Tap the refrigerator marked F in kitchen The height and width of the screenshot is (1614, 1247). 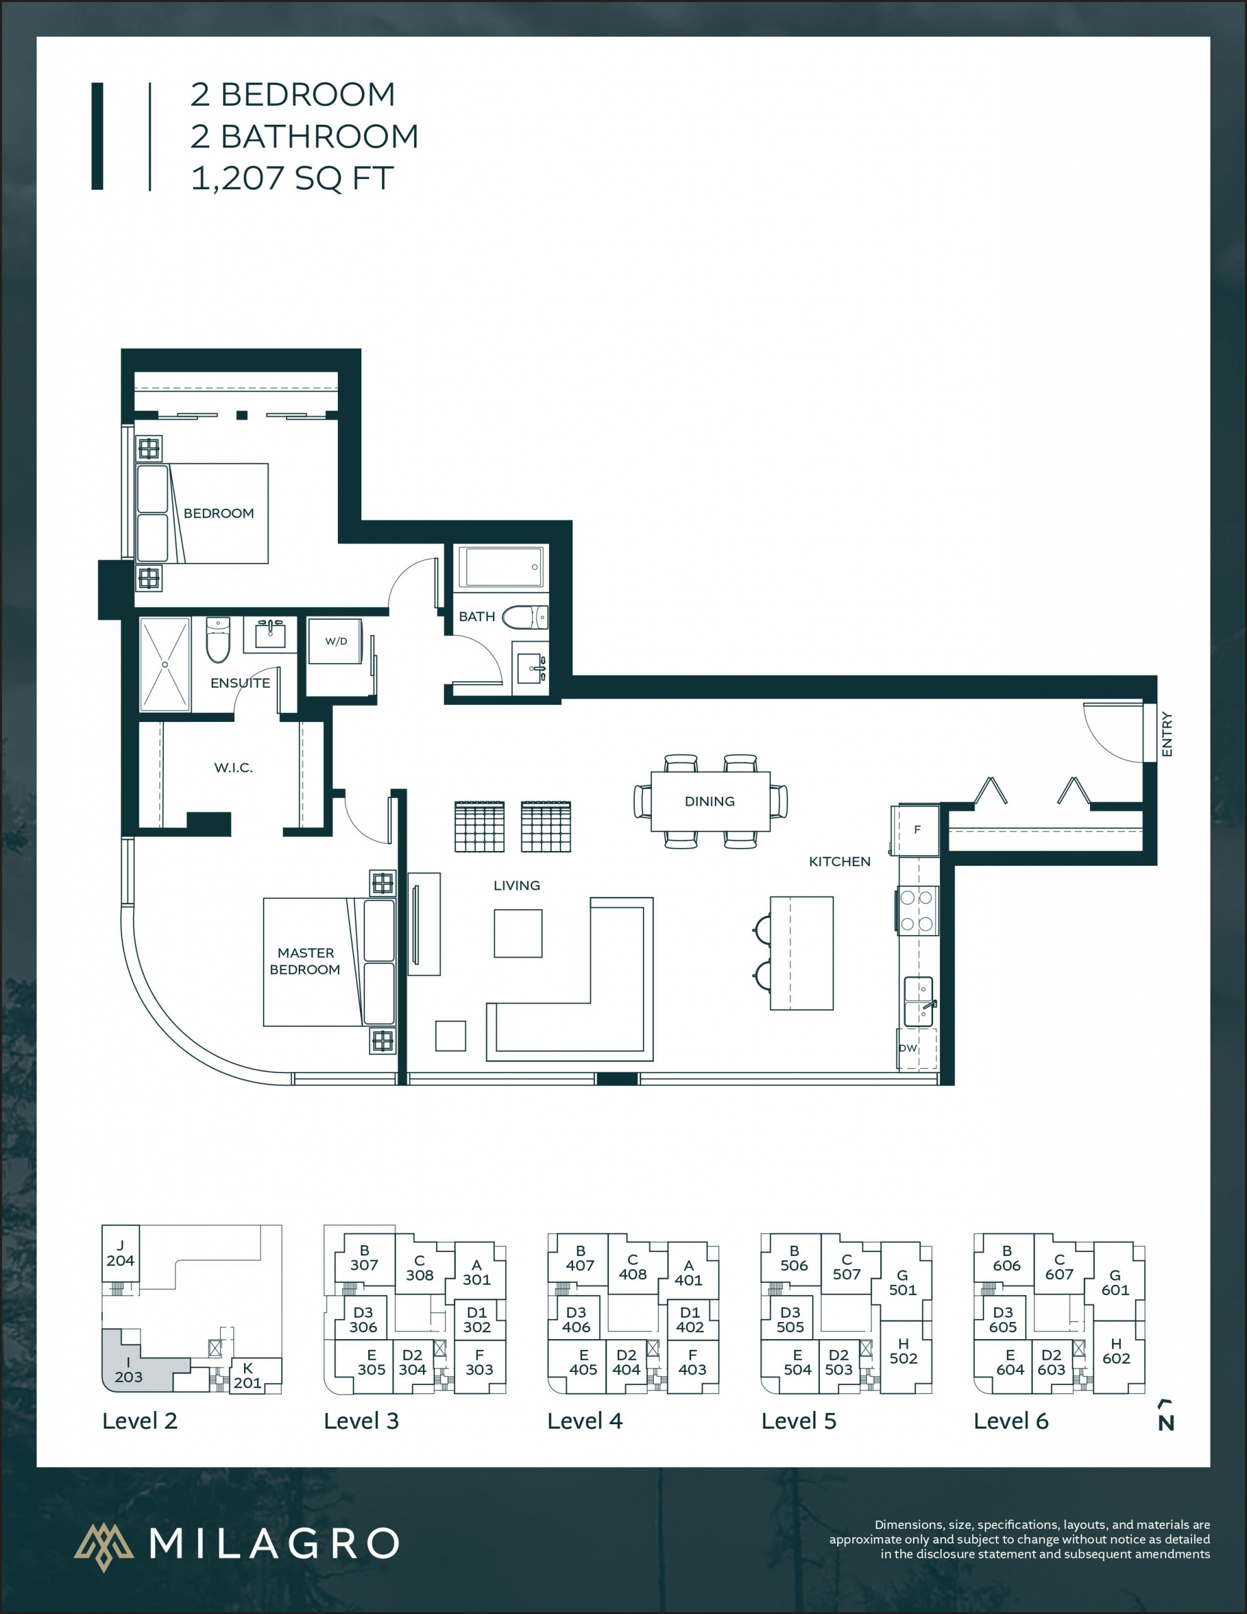point(917,829)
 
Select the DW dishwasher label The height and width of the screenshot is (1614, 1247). point(908,1048)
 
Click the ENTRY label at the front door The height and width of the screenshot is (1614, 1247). point(1167,734)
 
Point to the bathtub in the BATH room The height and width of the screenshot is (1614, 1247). point(501,567)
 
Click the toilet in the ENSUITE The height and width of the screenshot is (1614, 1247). point(218,640)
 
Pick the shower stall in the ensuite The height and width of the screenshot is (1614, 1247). point(165,665)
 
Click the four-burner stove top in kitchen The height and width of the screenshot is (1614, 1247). point(917,910)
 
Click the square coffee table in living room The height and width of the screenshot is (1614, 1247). point(518,933)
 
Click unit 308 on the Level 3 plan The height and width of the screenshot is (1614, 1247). point(420,1268)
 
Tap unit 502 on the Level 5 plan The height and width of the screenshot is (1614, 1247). point(903,1352)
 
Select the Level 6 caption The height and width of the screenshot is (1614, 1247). point(1011,1421)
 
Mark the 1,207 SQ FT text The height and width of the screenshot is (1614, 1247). point(292,178)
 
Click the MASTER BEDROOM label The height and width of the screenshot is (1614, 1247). point(305,961)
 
